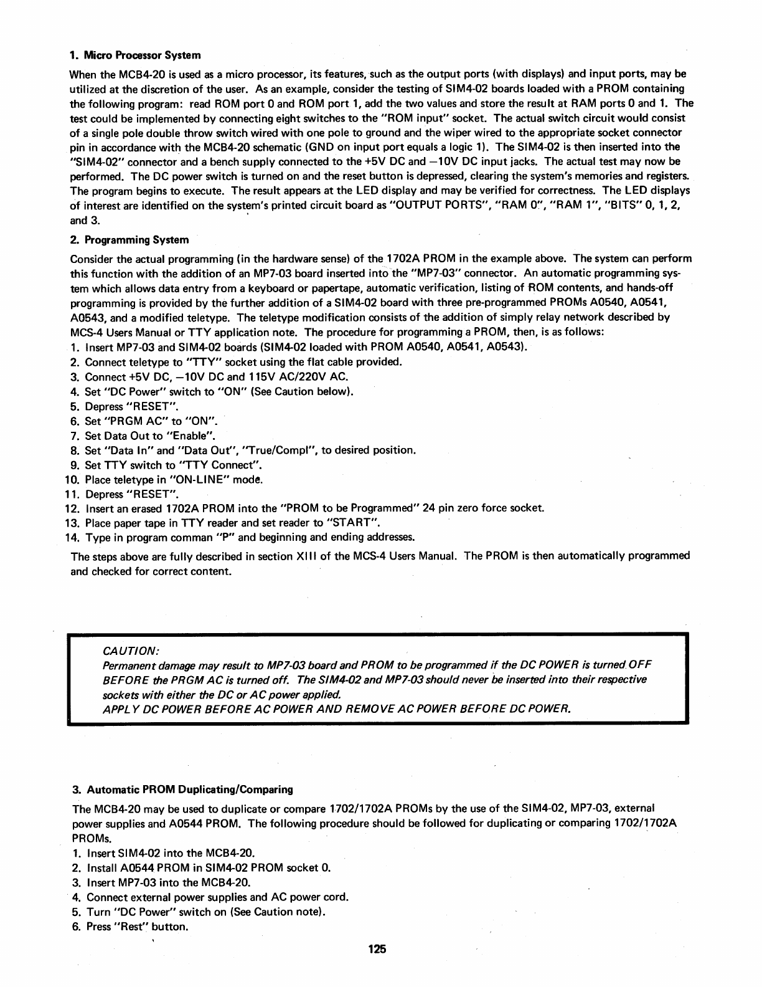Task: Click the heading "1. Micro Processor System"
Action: [x=135, y=55]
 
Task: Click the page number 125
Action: [x=377, y=949]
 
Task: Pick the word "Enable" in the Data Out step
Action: [x=194, y=436]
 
